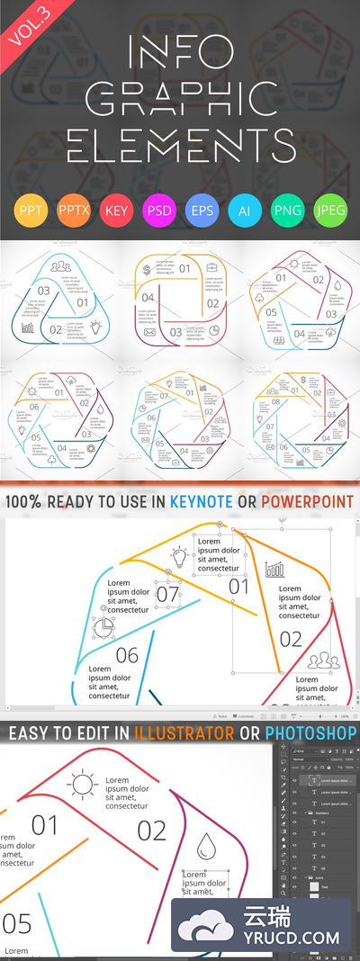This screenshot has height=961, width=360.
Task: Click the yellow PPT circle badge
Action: click(30, 212)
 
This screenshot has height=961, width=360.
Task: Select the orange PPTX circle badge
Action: click(72, 212)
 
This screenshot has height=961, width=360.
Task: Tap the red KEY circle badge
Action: click(115, 212)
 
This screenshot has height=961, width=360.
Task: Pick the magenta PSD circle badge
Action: click(158, 212)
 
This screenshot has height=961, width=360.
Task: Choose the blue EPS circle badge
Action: click(201, 212)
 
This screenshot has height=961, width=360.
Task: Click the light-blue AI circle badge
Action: click(244, 212)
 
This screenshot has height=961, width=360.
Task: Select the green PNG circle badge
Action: click(286, 212)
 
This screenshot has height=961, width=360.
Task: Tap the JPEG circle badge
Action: click(329, 212)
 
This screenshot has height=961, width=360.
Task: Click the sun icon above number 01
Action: click(83, 786)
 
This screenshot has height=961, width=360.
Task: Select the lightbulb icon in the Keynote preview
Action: click(178, 557)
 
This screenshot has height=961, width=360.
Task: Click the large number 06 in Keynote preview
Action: click(127, 655)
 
